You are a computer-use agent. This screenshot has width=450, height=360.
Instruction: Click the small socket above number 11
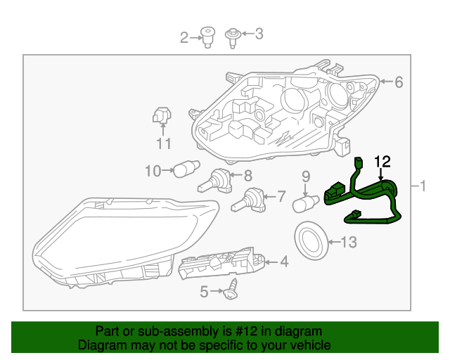pyautogui.click(x=162, y=115)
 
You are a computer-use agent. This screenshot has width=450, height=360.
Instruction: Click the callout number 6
pyautogui.click(x=399, y=83)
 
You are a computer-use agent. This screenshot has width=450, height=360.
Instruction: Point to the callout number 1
pyautogui.click(x=423, y=186)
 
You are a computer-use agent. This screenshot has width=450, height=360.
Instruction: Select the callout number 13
pyautogui.click(x=349, y=243)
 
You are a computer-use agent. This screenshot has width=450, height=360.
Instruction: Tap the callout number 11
pyautogui.click(x=164, y=144)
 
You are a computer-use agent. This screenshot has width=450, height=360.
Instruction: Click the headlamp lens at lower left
pyautogui.click(x=120, y=239)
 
